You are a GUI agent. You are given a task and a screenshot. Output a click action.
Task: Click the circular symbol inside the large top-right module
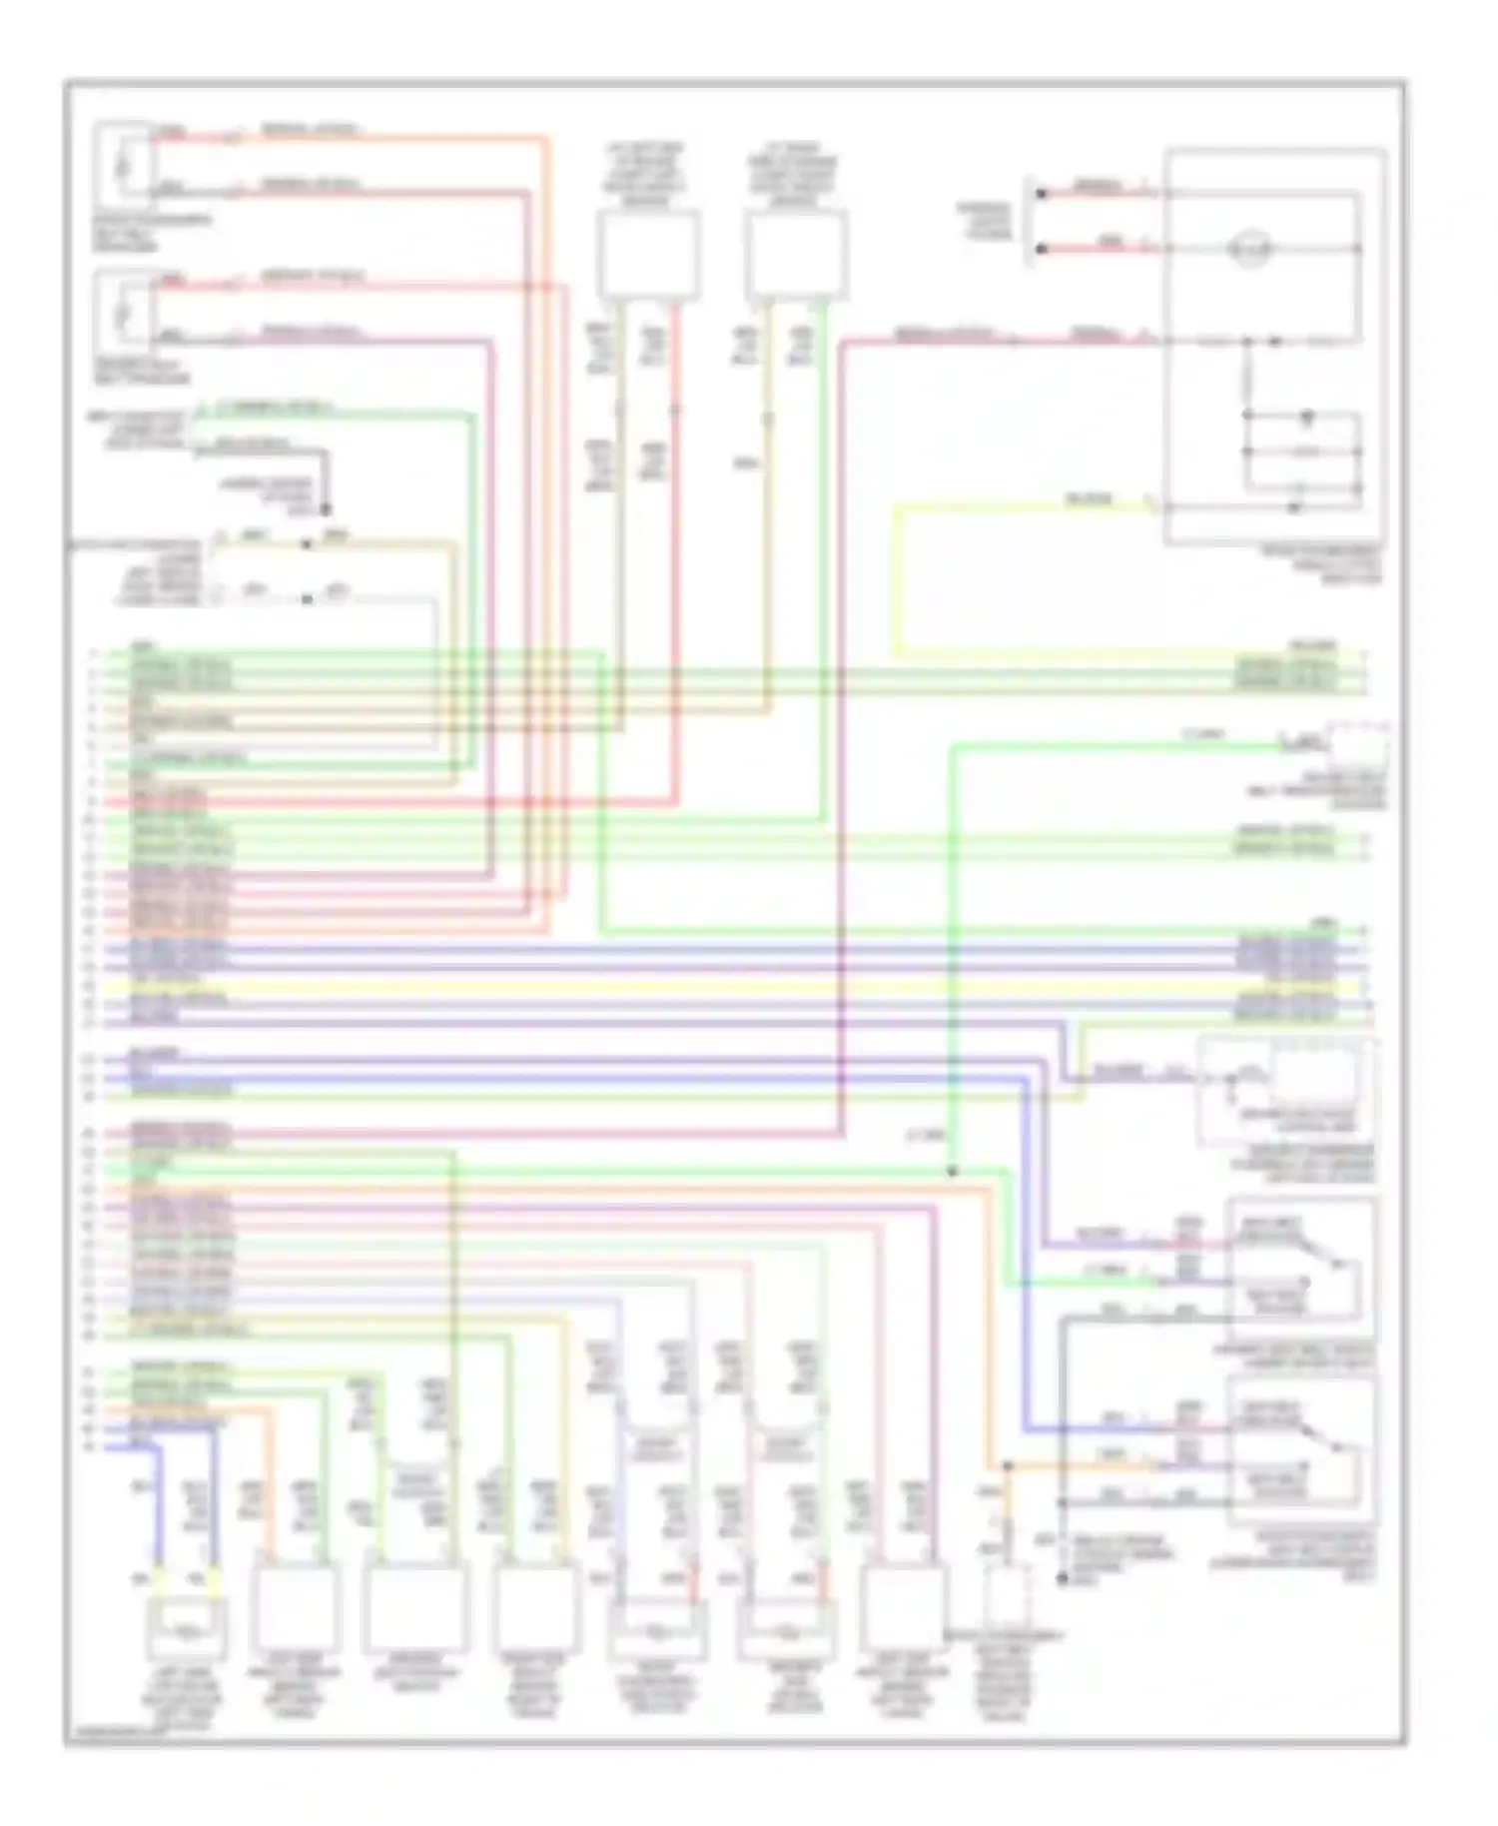pos(1249,248)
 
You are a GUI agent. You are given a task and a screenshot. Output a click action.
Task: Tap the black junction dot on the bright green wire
pos(952,1171)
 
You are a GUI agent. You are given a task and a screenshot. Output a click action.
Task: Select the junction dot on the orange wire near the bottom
pos(1007,1466)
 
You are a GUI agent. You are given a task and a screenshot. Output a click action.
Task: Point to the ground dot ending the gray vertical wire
pos(1063,1578)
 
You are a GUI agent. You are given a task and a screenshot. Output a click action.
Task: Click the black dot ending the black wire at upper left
pos(326,509)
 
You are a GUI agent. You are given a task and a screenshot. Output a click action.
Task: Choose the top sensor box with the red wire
pos(648,255)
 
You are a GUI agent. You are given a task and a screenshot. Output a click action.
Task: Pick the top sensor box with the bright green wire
pos(796,255)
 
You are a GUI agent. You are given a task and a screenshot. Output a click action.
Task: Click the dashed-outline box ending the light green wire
pos(1356,744)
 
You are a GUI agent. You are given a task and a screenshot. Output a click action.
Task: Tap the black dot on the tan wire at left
pos(307,545)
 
